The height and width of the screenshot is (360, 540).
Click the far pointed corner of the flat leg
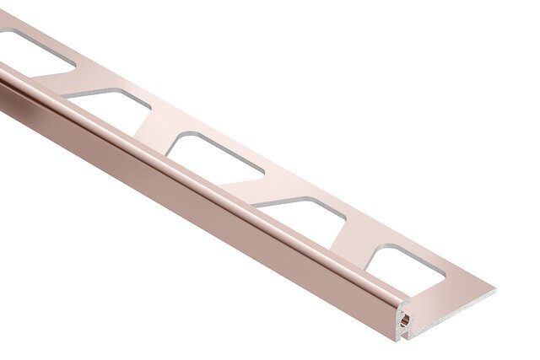coord(494,292)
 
